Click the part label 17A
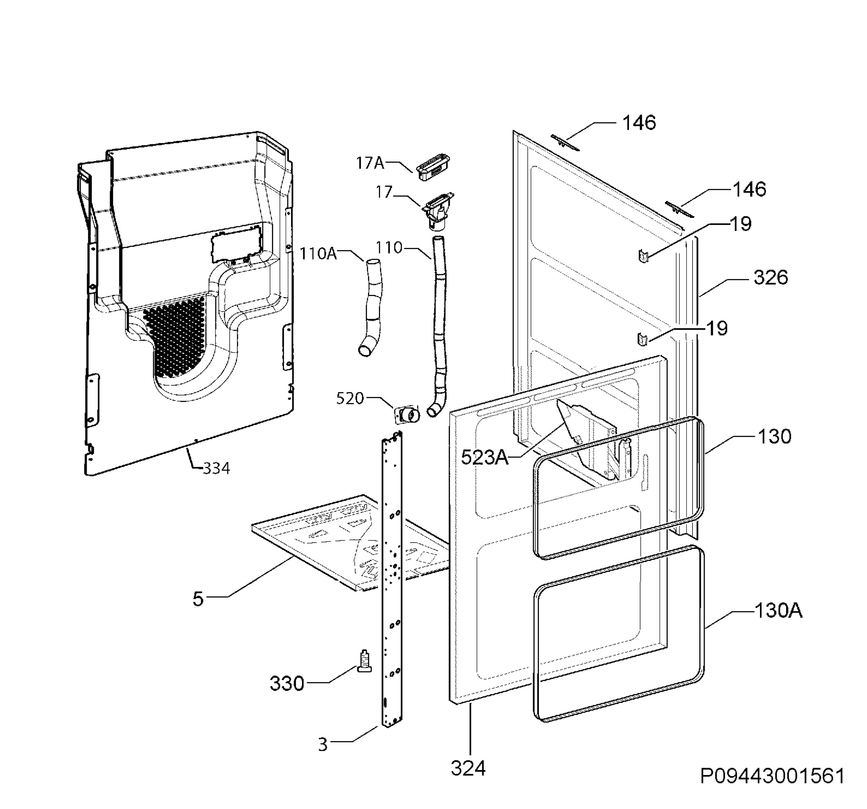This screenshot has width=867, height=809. point(370,163)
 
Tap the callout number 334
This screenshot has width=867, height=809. point(216,468)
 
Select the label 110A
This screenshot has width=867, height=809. point(318,253)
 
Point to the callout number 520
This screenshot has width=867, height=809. point(350,398)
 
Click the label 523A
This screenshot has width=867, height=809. point(485,457)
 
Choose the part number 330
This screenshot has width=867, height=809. point(286,683)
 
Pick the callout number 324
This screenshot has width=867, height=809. point(468,769)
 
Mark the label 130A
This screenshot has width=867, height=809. point(778,611)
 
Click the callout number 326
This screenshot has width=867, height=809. point(771,278)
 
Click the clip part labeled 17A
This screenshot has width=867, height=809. point(433,168)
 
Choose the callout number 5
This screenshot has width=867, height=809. point(198,599)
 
